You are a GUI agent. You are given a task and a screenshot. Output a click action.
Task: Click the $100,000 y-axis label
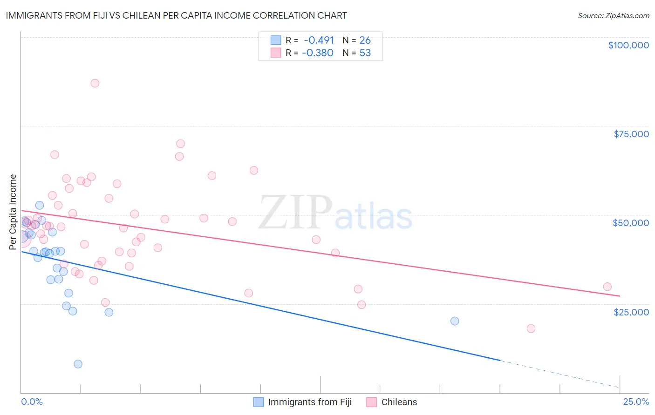pyautogui.click(x=628, y=45)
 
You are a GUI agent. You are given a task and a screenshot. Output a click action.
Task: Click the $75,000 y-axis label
pyautogui.click(x=631, y=134)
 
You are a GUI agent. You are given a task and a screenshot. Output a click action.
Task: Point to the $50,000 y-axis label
pyautogui.click(x=630, y=223)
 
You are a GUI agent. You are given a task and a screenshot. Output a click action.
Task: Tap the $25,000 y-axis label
pyautogui.click(x=631, y=312)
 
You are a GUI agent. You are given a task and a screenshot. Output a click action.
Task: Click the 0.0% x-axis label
pyautogui.click(x=32, y=402)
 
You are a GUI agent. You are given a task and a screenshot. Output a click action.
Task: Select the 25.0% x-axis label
pyautogui.click(x=636, y=402)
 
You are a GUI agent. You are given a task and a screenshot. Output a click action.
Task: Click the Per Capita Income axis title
pyautogui.click(x=13, y=212)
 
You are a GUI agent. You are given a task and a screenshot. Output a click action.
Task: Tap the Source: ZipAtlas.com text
pyautogui.click(x=613, y=15)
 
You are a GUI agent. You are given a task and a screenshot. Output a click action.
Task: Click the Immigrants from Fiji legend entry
pyautogui.click(x=310, y=402)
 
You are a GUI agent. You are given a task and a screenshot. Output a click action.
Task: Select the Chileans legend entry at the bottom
pyautogui.click(x=399, y=402)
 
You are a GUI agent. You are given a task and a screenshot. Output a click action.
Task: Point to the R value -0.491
pyautogui.click(x=319, y=40)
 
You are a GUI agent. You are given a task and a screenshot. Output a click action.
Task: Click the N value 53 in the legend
pyautogui.click(x=365, y=53)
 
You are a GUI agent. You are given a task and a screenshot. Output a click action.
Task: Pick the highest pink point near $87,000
pyautogui.click(x=95, y=83)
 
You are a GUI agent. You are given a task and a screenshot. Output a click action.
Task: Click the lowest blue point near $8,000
pyautogui.click(x=78, y=364)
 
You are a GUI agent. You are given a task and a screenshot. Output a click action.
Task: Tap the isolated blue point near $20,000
pyautogui.click(x=455, y=321)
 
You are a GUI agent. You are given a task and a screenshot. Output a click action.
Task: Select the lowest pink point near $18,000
pyautogui.click(x=531, y=328)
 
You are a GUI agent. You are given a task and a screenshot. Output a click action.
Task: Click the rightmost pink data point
pyautogui.click(x=607, y=287)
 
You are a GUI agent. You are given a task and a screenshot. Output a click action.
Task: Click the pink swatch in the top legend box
pyautogui.click(x=276, y=53)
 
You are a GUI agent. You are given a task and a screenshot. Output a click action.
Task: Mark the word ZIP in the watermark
pyautogui.click(x=295, y=213)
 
